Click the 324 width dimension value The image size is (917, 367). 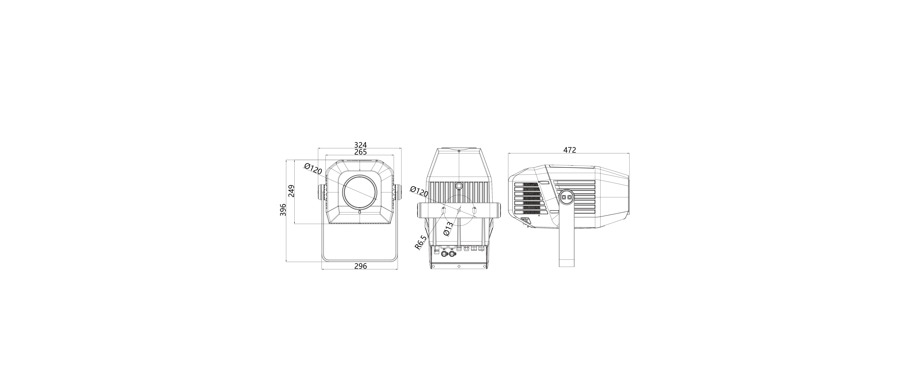point(360,145)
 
